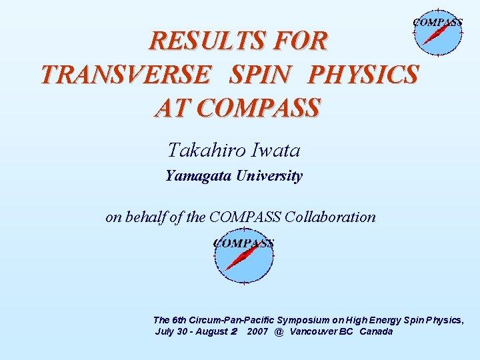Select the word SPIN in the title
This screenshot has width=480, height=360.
pyautogui.click(x=259, y=75)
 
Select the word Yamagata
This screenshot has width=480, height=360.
pyautogui.click(x=197, y=177)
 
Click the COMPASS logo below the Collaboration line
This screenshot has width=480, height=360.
pyautogui.click(x=243, y=257)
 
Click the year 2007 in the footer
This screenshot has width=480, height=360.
pyautogui.click(x=257, y=331)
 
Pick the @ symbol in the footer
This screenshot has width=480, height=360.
pyautogui.click(x=279, y=331)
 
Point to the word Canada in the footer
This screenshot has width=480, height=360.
pyautogui.click(x=376, y=331)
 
